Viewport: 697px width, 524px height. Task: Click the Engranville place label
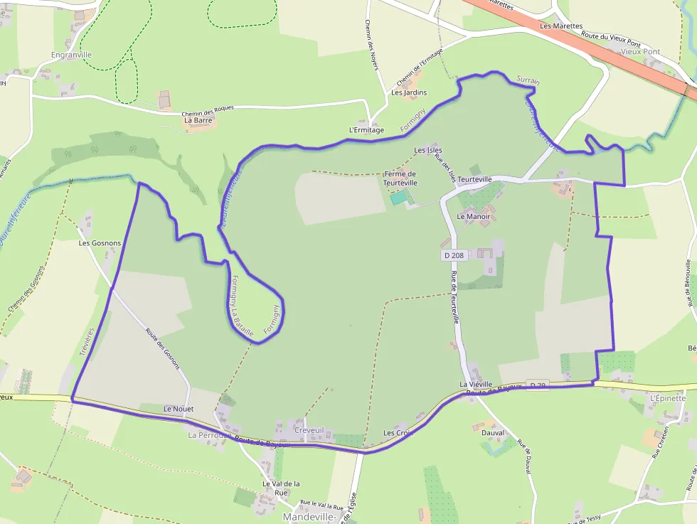pos(72,54)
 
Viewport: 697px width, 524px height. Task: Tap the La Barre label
pos(198,120)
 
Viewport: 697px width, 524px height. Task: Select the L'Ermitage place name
pos(366,130)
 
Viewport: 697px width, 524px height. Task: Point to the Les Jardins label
pos(409,92)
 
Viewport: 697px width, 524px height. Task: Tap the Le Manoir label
pos(474,216)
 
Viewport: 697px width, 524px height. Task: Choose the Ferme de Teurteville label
pos(400,178)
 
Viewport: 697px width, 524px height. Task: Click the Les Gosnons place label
pos(100,243)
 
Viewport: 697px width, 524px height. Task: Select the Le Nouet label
pos(178,409)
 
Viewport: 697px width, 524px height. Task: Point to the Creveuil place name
pos(309,430)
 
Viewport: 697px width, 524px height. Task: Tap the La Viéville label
pos(476,385)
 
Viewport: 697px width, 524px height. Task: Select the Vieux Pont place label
pos(640,52)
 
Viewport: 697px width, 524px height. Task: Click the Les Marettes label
pos(556,26)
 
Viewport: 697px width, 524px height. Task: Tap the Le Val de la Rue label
pos(281,488)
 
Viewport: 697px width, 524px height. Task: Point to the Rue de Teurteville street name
pos(454,299)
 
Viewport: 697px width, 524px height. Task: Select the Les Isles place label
pos(428,150)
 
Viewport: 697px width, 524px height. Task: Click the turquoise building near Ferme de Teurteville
pos(399,198)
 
